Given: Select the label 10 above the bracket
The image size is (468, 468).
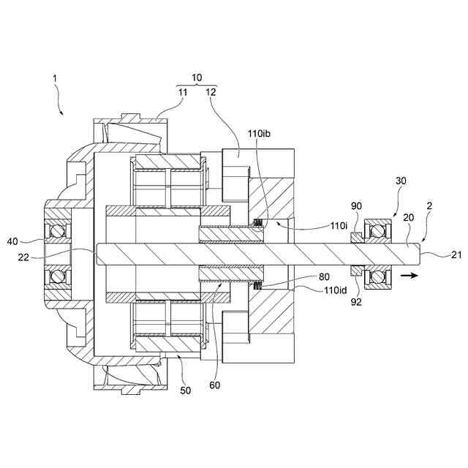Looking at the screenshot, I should coord(197,77).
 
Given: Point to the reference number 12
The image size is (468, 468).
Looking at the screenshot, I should coord(211,92).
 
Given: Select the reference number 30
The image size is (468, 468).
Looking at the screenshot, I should coord(401,180).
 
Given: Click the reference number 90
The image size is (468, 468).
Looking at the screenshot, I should coord(356,207).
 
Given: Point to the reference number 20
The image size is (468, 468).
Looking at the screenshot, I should coord(408,217).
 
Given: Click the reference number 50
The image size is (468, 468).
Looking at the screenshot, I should coord(185,391).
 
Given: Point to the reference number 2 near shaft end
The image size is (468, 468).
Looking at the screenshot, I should coord(430,207).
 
